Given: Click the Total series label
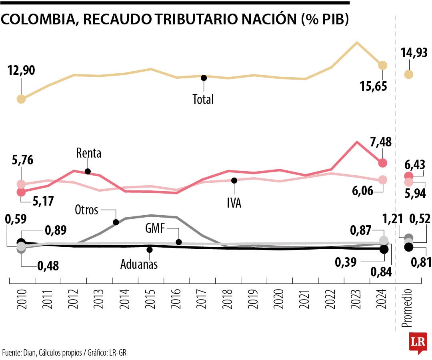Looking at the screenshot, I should [203, 99].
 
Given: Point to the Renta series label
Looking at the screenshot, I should [89, 153].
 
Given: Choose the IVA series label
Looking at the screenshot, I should [234, 203].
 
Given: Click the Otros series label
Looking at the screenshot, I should [87, 210].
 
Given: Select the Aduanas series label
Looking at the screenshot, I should [139, 264].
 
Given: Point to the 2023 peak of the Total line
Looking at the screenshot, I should [356, 42].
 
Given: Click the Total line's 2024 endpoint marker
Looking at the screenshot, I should [383, 65].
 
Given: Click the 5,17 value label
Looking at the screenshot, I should [43, 201].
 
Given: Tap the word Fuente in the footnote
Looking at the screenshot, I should [11, 352].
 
